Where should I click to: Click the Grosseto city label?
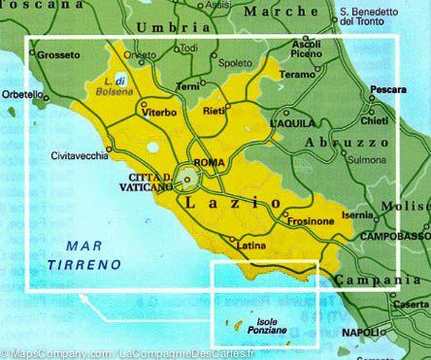(57, 55)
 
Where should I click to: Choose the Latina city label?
(250, 246)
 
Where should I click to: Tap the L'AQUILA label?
(294, 125)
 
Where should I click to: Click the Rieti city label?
(213, 114)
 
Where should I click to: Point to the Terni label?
(187, 87)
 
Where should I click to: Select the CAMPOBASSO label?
(392, 236)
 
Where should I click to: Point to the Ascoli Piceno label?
(305, 49)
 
